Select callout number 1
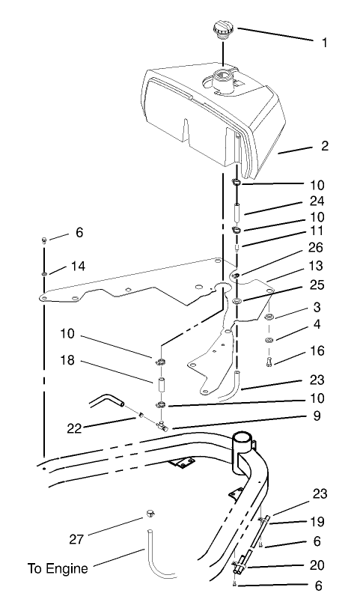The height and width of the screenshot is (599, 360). click(324, 43)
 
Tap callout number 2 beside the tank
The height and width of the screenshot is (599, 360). click(325, 145)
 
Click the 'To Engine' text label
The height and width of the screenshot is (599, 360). click(58, 568)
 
